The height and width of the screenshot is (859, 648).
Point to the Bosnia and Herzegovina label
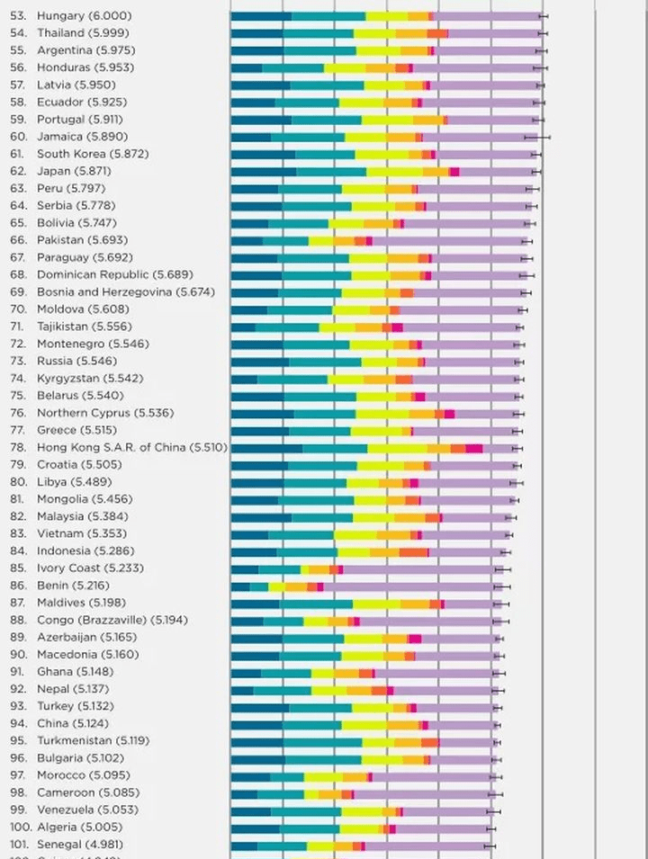coord(112,292)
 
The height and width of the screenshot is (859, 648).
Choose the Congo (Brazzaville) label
coord(99,620)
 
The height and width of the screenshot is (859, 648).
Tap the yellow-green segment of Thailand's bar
coord(374,33)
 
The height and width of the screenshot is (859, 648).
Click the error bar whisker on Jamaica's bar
coord(537,137)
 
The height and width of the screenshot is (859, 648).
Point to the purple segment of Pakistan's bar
coord(450,240)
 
